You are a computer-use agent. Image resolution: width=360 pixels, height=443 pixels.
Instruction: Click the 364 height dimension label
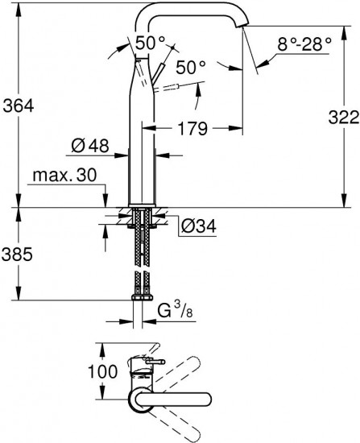pyautogui.click(x=19, y=106)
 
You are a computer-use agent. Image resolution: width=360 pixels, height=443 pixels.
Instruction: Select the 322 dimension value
pyautogui.click(x=344, y=118)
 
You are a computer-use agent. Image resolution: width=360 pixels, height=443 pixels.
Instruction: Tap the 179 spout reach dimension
pyautogui.click(x=192, y=129)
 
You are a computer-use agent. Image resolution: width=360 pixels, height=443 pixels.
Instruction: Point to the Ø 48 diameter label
pyautogui.click(x=90, y=146)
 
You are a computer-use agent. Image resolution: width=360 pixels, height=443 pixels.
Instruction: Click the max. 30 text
pyautogui.click(x=64, y=175)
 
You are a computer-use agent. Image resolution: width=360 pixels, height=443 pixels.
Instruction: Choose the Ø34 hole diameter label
pyautogui.click(x=198, y=226)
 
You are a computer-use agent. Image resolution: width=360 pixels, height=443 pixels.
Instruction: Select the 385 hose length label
pyautogui.click(x=17, y=255)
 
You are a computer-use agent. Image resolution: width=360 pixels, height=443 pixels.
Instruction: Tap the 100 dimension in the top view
pyautogui.click(x=102, y=371)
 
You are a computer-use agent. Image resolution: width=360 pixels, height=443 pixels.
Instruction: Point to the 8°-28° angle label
pyautogui.click(x=304, y=44)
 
